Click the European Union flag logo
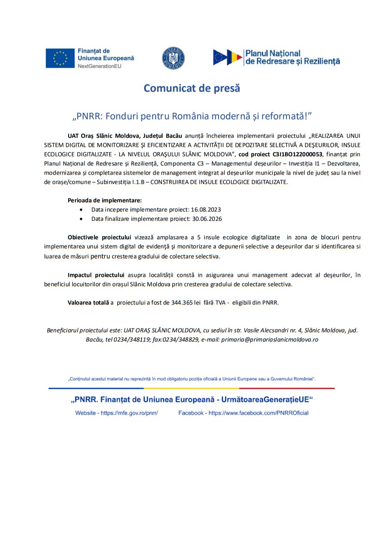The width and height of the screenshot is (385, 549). click(60, 58)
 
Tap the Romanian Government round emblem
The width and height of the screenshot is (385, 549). click(173, 58)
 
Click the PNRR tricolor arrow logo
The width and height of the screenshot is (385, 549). click(227, 57)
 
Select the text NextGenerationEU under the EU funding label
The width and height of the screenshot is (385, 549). click(100, 66)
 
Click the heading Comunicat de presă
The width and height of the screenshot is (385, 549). click(192, 88)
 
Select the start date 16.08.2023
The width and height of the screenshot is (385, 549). click(207, 210)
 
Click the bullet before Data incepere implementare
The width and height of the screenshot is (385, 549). click(81, 210)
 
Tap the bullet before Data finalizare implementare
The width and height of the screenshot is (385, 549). click(81, 219)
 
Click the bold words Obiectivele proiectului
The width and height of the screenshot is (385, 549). click(99, 237)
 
